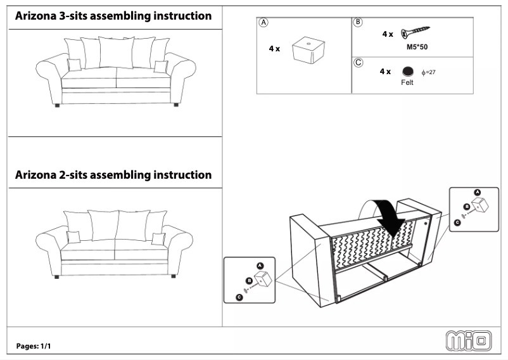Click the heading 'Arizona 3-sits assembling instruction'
[x=113, y=16]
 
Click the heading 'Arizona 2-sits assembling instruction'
[x=113, y=174]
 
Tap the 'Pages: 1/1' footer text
[x=33, y=346]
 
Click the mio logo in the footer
[x=469, y=341]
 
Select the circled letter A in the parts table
[x=263, y=22]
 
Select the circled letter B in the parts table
[x=358, y=22]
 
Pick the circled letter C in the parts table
[x=358, y=62]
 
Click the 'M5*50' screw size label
[x=415, y=46]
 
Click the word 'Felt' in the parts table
[x=407, y=83]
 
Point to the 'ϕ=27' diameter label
[x=428, y=72]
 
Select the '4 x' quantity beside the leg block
[x=274, y=49]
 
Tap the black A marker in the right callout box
[x=478, y=191]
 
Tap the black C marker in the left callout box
[x=239, y=296]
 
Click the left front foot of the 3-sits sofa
[x=58, y=105]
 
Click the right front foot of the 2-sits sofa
[x=173, y=276]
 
